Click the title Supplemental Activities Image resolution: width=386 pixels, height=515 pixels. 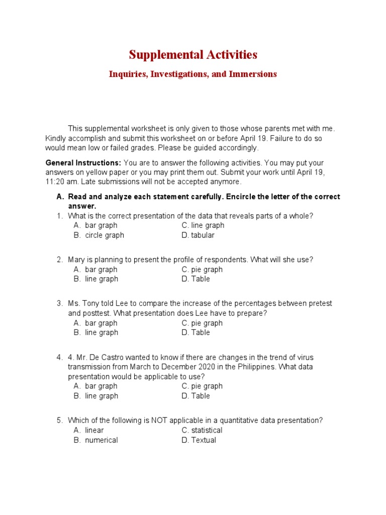(193, 54)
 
